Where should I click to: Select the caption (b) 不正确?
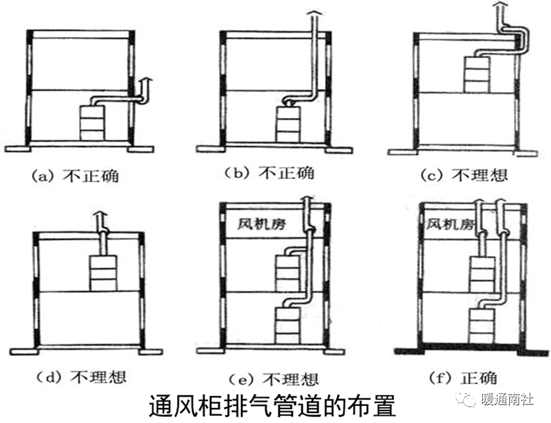coord(269,174)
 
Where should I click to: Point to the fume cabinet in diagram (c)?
coord(477,74)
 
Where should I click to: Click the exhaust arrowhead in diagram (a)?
coord(147,80)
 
